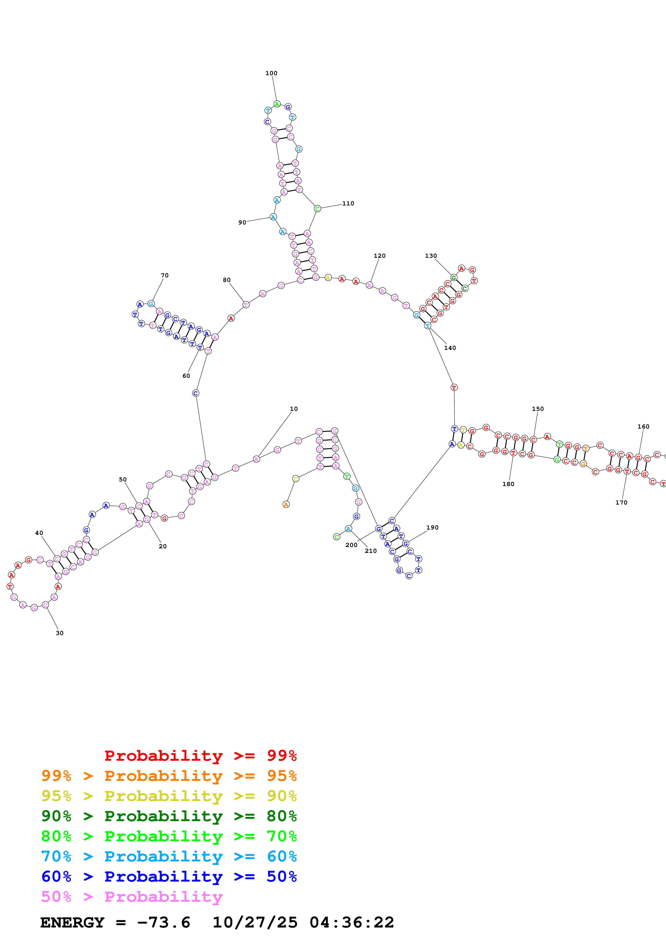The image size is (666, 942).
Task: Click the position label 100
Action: click(x=271, y=73)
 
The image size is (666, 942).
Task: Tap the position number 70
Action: click(x=164, y=275)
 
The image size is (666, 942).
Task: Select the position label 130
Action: click(x=431, y=256)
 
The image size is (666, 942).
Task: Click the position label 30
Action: click(x=59, y=633)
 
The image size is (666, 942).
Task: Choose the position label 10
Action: click(x=294, y=409)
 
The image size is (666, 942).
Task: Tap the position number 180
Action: click(x=508, y=484)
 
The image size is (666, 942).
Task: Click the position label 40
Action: click(x=39, y=533)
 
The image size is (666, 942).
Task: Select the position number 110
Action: click(x=348, y=204)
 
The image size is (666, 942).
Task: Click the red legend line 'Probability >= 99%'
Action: click(x=200, y=755)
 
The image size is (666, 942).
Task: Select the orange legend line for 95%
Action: click(x=169, y=776)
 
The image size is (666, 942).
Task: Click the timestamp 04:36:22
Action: click(x=352, y=922)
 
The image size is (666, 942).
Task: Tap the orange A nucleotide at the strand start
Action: click(x=286, y=505)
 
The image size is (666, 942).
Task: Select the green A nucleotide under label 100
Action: click(x=277, y=104)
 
